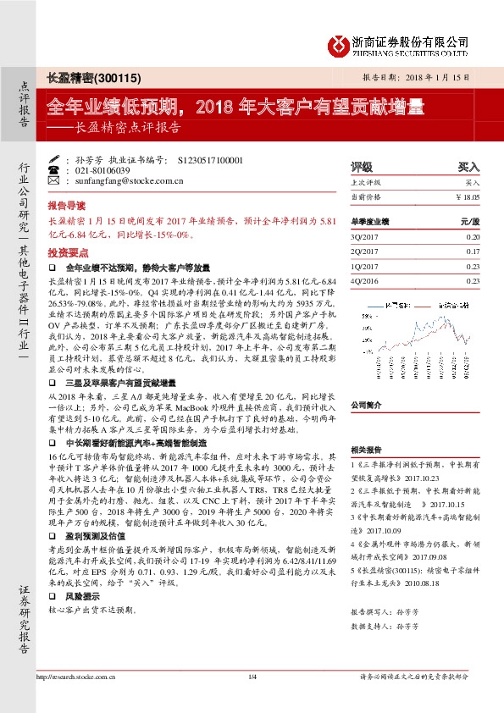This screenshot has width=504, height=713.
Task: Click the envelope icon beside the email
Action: (x=55, y=180)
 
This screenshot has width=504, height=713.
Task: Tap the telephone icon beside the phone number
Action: (x=55, y=169)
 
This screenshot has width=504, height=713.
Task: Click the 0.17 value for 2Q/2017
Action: (x=473, y=251)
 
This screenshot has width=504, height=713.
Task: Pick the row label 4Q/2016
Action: (x=363, y=280)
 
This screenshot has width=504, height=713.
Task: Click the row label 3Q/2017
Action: (x=363, y=237)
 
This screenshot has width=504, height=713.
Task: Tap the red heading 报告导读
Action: (x=66, y=205)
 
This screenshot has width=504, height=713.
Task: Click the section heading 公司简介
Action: (x=368, y=405)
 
